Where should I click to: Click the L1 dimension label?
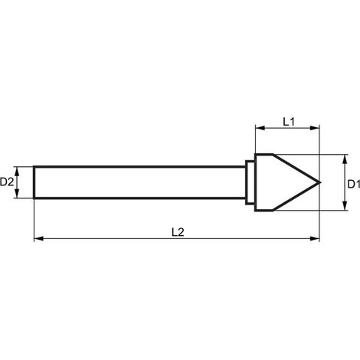(x=289, y=122)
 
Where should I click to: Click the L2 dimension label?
(x=178, y=232)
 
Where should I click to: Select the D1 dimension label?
(x=354, y=184)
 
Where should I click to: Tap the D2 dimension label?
(x=7, y=182)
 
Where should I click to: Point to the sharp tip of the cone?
(x=319, y=182)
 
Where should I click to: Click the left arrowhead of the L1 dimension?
(x=260, y=128)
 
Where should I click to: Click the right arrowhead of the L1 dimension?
(x=315, y=128)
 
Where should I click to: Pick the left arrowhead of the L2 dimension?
(x=39, y=238)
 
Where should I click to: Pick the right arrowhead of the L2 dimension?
(x=315, y=238)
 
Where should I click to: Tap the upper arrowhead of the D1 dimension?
(x=345, y=159)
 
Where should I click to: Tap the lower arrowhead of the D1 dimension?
(x=345, y=205)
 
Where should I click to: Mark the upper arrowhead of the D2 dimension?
(x=17, y=172)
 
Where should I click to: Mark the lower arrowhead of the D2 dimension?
(x=17, y=193)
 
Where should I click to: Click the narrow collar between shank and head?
(x=250, y=182)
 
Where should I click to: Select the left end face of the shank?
(x=34, y=182)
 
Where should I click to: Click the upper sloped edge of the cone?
(x=296, y=169)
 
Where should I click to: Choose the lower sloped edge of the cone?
(x=296, y=197)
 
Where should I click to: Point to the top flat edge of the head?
(x=263, y=154)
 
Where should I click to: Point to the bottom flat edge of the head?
(x=263, y=211)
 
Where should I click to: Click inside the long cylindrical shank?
(x=139, y=182)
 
